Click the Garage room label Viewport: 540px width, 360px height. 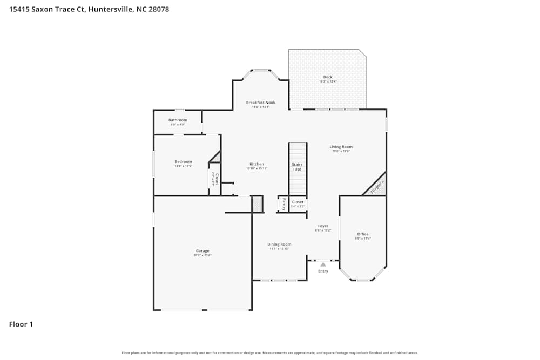202,250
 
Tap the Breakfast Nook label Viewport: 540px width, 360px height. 261,103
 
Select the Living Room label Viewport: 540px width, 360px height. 341,147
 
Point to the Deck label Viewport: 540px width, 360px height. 328,77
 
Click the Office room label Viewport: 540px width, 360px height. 362,234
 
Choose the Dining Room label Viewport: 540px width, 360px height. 280,244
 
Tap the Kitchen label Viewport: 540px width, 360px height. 256,164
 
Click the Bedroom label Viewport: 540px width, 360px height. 183,162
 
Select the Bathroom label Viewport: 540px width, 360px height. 178,120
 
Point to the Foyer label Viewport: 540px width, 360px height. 323,226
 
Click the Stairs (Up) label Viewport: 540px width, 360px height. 297,167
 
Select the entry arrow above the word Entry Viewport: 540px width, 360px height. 323,264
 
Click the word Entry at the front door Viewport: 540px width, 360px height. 323,271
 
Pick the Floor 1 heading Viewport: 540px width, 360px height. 21,324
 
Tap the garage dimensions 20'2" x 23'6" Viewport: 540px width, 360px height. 202,255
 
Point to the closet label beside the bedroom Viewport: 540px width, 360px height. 215,179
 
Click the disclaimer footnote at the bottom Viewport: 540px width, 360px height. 270,353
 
